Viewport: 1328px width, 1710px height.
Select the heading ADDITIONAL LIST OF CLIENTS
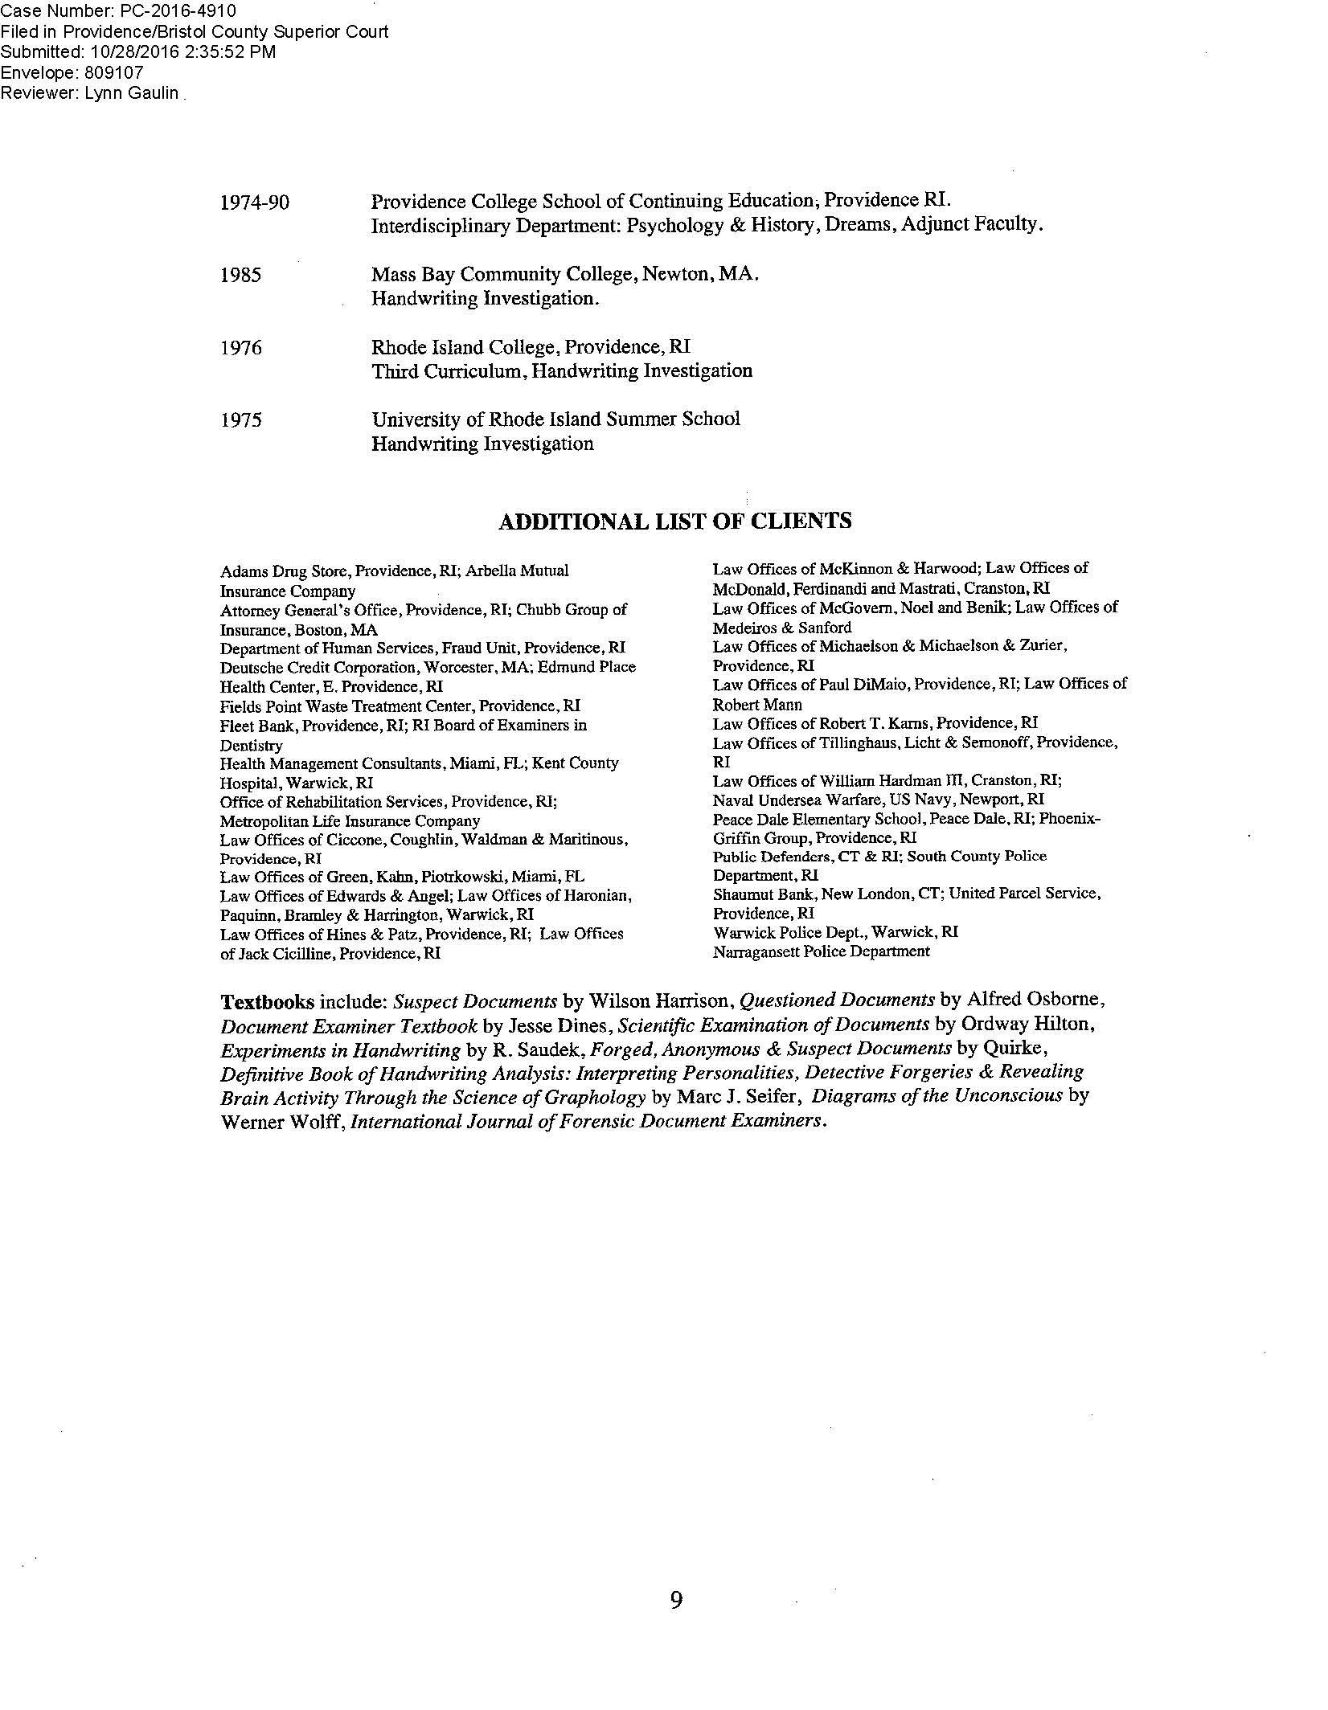(x=674, y=522)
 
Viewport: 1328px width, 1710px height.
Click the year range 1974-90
(x=254, y=202)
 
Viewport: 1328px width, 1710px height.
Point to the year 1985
(x=240, y=275)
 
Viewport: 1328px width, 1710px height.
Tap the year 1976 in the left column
(x=240, y=348)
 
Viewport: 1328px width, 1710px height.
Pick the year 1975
(x=240, y=420)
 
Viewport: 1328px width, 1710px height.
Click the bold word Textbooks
(x=268, y=1002)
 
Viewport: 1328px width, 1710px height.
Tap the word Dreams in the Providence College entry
(x=863, y=225)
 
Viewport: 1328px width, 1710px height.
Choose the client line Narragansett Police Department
(x=821, y=952)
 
